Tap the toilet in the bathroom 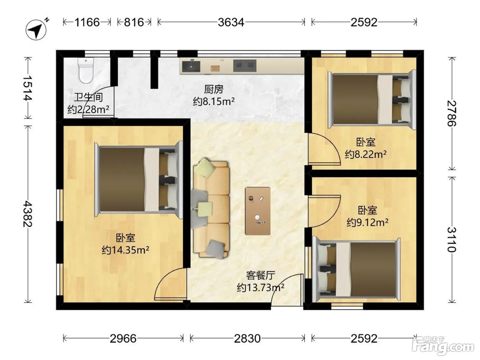86,70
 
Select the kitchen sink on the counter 191,66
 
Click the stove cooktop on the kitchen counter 245,65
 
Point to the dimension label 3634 231,22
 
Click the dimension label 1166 87,22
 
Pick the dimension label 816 134,22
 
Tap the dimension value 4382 28,214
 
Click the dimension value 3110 452,240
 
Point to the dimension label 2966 123,339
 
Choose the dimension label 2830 247,339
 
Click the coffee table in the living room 257,211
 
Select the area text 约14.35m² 125,250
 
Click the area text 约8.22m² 365,154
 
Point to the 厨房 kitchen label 214,89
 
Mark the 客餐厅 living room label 261,275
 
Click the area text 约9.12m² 368,223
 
